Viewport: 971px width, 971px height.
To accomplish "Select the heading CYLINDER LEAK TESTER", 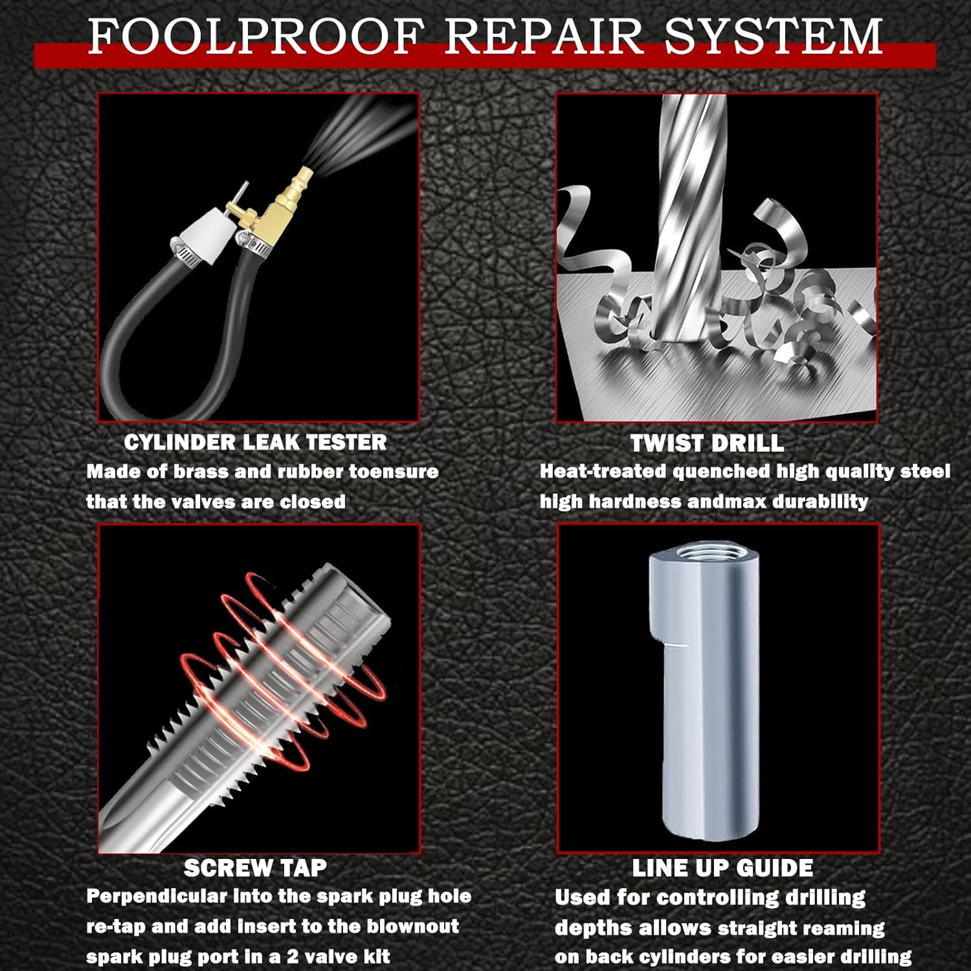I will coord(255,442).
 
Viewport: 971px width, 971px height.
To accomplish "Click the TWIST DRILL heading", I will coord(707,443).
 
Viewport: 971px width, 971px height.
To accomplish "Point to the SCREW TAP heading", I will coord(255,867).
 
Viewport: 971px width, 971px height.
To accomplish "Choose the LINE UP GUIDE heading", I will coord(722,867).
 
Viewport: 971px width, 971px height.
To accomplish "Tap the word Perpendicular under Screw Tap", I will coord(157,897).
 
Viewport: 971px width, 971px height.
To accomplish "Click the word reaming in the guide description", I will coord(845,928).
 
